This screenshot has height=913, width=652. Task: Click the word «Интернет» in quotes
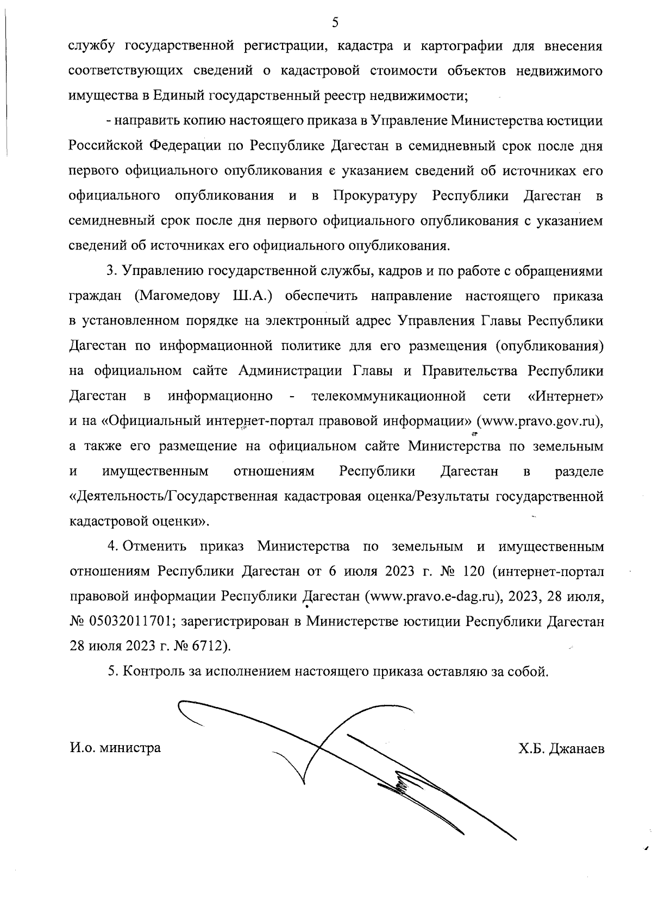coord(566,396)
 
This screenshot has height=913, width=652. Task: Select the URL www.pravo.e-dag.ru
coord(432,596)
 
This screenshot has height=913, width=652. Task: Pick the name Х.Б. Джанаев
coord(561,748)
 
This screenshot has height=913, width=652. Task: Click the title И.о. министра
coord(115,748)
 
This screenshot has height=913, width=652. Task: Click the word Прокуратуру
coord(375,196)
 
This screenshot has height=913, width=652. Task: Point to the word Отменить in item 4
coord(155,546)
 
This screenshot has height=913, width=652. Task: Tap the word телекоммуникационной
coord(389,396)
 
